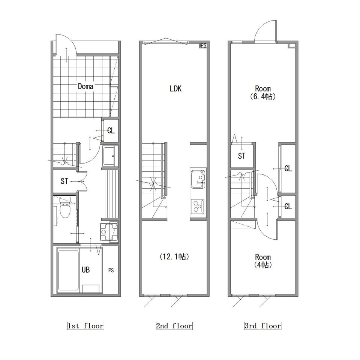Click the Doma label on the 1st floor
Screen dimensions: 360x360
(x=85, y=87)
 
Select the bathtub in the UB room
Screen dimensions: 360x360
(x=68, y=270)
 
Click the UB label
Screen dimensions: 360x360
(x=85, y=270)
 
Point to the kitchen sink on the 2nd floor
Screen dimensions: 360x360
(x=198, y=179)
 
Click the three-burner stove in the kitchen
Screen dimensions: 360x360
(x=198, y=206)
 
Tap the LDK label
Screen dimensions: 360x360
(x=175, y=88)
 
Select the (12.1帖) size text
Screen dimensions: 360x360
(x=174, y=256)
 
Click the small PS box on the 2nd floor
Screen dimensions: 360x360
(x=203, y=45)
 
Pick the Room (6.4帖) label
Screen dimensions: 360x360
(x=263, y=92)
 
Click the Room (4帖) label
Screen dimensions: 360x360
(x=263, y=261)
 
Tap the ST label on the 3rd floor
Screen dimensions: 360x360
(x=241, y=156)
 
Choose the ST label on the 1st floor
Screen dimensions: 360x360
(x=64, y=181)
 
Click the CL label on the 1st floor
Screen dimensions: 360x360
(x=111, y=130)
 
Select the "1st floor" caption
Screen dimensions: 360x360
(x=85, y=326)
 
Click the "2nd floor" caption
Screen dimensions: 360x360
(x=174, y=326)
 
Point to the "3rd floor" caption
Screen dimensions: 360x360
(x=263, y=326)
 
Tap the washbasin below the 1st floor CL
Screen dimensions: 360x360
(x=110, y=156)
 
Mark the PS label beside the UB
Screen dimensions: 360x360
(x=111, y=270)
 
